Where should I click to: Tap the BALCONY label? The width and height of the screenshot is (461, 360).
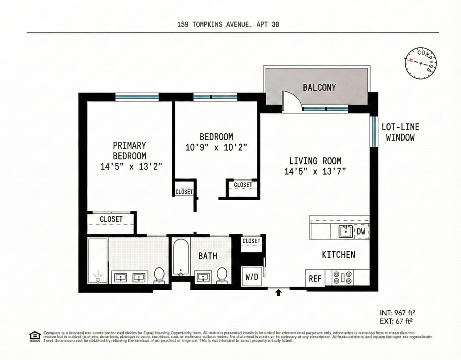tap(319, 87)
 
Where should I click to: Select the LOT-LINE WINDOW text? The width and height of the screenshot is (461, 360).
tap(400, 132)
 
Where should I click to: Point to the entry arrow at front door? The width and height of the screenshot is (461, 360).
tap(279, 293)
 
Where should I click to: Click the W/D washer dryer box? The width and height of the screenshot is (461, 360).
tap(252, 277)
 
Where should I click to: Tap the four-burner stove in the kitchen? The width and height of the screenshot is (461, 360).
tap(342, 278)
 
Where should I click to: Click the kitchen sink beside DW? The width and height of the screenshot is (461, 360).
tap(346, 232)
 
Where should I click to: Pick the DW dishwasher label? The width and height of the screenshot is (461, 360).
tap(361, 232)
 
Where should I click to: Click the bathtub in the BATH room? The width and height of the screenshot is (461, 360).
tap(180, 257)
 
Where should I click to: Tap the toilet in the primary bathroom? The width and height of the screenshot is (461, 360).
tap(159, 275)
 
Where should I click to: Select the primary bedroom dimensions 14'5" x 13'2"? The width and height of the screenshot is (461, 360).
tap(129, 166)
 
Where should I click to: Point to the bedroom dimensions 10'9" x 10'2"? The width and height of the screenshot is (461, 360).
tap(216, 147)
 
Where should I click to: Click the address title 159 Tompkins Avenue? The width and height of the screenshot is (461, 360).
tap(228, 25)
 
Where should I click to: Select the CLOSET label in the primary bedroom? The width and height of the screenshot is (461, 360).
tap(111, 219)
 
